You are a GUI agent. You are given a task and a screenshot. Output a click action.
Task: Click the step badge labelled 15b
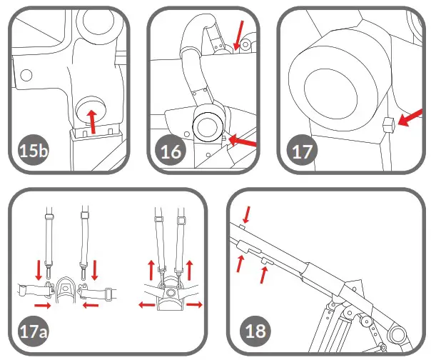(x=31, y=151)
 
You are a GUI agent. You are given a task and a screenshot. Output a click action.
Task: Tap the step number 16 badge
(x=171, y=151)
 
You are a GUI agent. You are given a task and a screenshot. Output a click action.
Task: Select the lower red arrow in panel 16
(x=242, y=144)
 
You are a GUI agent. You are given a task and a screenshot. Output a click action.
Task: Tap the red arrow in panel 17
(x=408, y=122)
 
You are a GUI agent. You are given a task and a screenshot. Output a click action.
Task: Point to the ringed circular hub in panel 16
(x=207, y=126)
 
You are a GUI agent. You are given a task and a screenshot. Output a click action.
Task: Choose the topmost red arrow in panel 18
(x=246, y=213)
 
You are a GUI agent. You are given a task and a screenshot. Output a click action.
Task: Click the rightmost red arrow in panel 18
(x=265, y=274)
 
